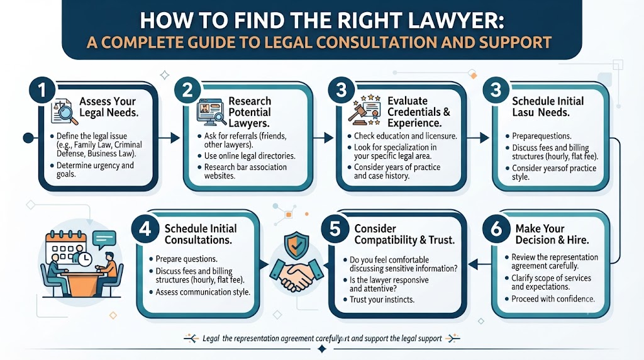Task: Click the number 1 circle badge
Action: click(42, 90)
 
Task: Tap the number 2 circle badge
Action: click(187, 90)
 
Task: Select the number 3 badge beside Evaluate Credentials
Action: click(341, 90)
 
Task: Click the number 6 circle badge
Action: click(496, 228)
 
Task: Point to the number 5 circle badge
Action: click(335, 228)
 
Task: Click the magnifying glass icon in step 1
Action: click(67, 113)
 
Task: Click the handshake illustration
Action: click(297, 275)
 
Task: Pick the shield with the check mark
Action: click(297, 245)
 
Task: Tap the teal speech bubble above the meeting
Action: click(104, 240)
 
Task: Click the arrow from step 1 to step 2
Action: click(169, 138)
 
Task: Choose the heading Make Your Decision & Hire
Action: click(552, 234)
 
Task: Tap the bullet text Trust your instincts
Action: click(382, 300)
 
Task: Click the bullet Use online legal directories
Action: click(250, 156)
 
